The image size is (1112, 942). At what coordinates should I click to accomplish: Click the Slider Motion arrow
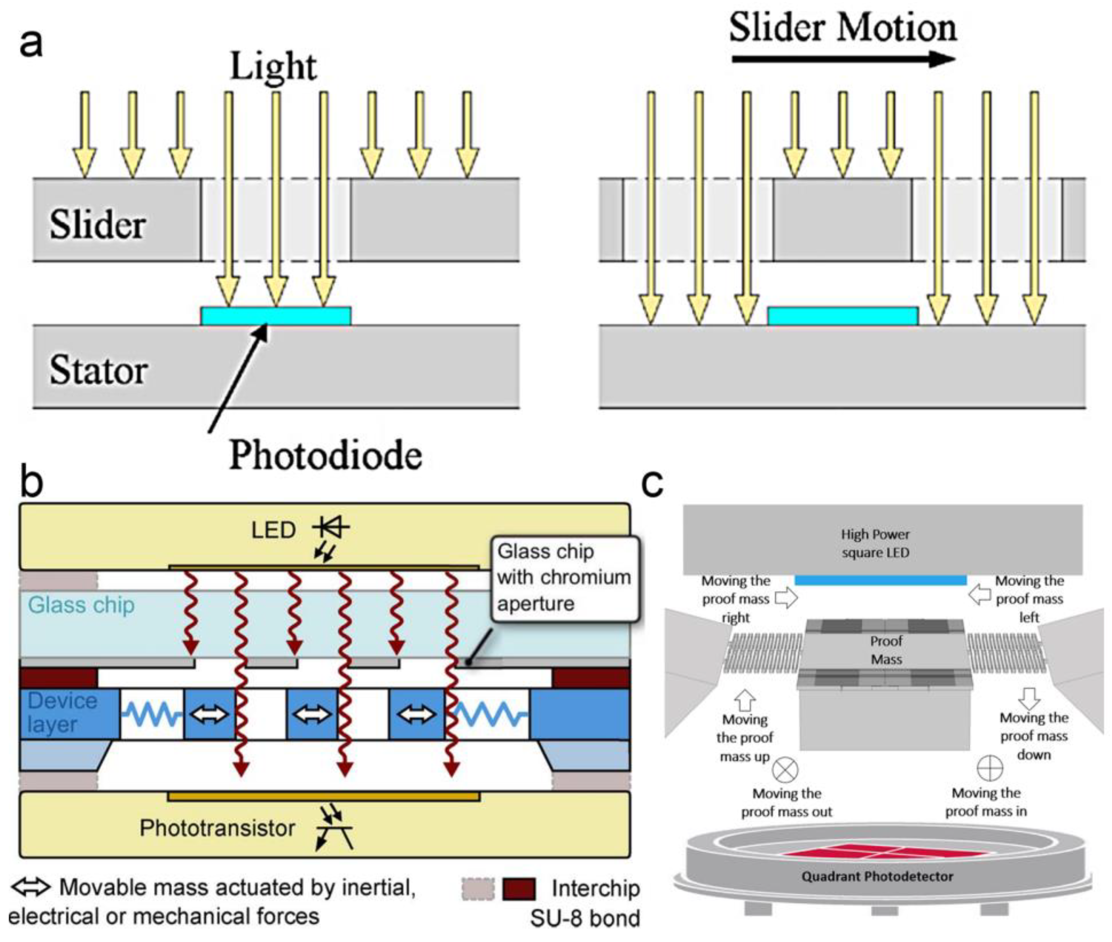coord(843,59)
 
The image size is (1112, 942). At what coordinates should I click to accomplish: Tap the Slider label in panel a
coord(98,224)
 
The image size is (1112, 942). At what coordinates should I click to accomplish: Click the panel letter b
coord(32,482)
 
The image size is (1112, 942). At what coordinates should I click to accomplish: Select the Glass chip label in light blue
coord(81,605)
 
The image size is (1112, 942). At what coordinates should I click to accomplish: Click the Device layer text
coord(63,712)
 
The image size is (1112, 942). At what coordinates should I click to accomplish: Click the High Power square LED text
coord(875,543)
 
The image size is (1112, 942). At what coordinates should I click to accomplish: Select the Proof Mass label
coord(886,650)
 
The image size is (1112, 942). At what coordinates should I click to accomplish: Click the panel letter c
coord(652,484)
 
